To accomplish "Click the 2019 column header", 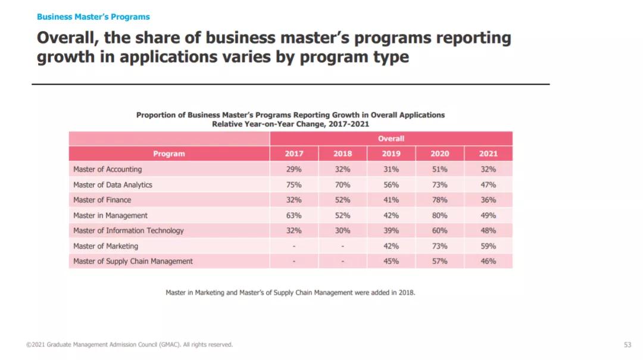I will click(391, 154).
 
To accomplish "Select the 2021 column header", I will click(488, 154).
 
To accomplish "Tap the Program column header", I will click(169, 154).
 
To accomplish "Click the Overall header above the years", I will click(391, 139).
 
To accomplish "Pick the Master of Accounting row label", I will click(108, 170).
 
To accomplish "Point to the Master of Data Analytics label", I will click(113, 185).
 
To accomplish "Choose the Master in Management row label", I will click(110, 215).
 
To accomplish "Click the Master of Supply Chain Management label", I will click(133, 261).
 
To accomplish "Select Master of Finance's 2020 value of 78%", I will click(440, 200).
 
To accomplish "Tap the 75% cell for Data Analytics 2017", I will click(294, 185).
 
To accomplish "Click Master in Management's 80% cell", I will click(440, 215).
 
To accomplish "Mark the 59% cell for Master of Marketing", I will click(488, 246).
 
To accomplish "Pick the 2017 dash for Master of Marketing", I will click(294, 246).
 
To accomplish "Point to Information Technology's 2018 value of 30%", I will click(342, 231).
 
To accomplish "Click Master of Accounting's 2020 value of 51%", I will click(440, 170).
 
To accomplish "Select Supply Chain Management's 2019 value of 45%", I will click(391, 261).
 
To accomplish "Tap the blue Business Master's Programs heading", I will click(93, 17).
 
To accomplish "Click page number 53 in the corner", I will click(628, 345).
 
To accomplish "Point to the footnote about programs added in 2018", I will click(290, 293).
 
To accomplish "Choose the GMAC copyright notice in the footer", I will click(129, 345).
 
